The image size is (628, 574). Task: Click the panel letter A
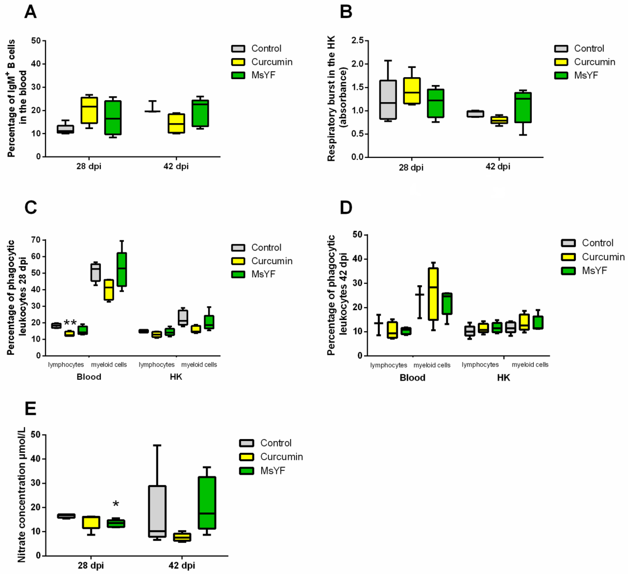tap(31, 12)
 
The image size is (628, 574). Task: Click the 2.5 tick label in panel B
tap(357, 41)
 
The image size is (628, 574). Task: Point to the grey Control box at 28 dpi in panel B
tap(388, 100)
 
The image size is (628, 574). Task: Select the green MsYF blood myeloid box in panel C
tap(122, 269)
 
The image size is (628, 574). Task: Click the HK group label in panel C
tap(176, 377)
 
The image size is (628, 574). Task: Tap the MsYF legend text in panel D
tap(594, 271)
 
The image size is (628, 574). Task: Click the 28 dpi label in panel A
tap(89, 166)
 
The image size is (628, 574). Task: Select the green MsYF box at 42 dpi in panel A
tap(200, 113)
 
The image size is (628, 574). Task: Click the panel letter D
tap(346, 208)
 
